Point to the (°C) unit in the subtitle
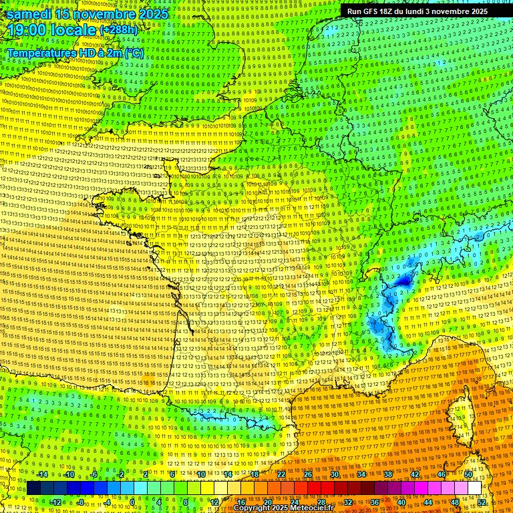pyautogui.click(x=133, y=52)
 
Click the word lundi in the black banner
pyautogui.click(x=427, y=11)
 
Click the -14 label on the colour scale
pyautogui.click(x=41, y=475)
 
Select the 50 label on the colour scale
pyautogui.click(x=468, y=475)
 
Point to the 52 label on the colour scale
pyautogui.click(x=482, y=502)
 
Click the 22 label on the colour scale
pyautogui.click(x=281, y=475)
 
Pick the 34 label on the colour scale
pyautogui.click(x=361, y=475)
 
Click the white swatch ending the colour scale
pyautogui.click(x=475, y=488)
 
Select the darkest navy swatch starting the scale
pyautogui.click(x=34, y=488)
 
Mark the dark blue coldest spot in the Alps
pyautogui.click(x=404, y=282)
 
